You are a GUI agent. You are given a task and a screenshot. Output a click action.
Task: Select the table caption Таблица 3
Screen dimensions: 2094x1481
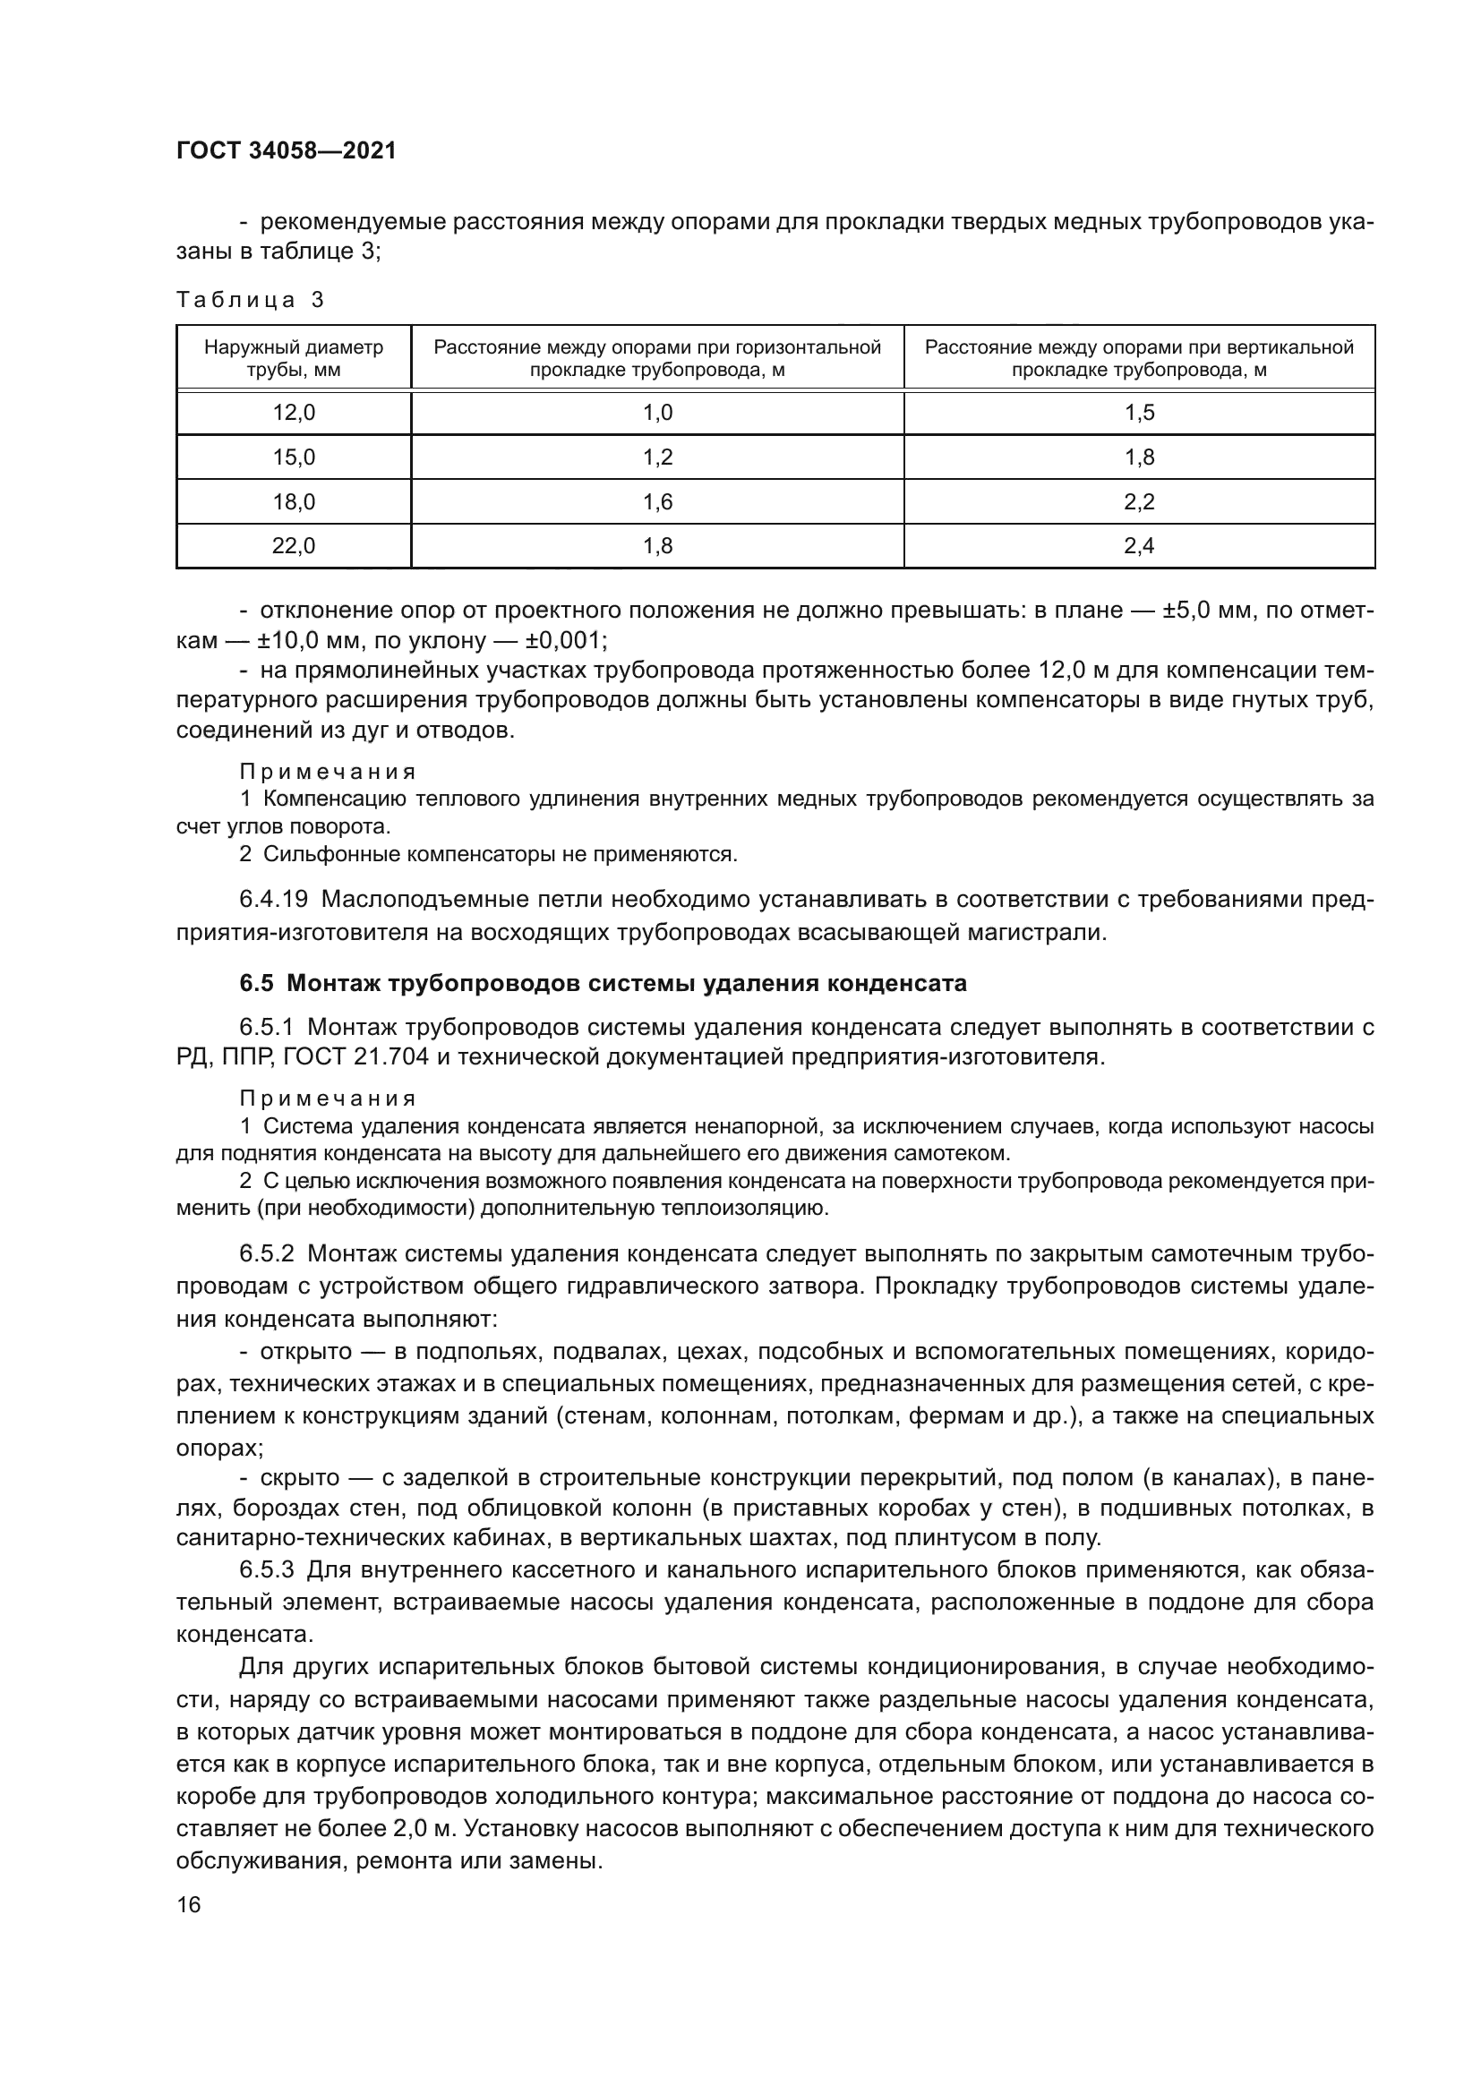point(250,300)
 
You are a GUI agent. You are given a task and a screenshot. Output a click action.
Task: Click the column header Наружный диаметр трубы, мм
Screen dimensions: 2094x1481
point(294,358)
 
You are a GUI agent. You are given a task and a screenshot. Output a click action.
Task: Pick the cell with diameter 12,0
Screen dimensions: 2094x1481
point(294,413)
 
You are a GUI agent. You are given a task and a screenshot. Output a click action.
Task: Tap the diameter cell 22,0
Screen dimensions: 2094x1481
point(294,546)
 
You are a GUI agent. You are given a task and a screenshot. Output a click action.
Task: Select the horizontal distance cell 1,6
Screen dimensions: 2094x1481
point(657,501)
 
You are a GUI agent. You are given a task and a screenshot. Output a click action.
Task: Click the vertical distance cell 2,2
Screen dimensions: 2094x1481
point(1139,501)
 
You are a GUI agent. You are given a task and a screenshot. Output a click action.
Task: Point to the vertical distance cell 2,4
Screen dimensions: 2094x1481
point(1139,546)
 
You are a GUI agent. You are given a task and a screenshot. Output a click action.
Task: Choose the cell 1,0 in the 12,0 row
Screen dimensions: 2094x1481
point(657,413)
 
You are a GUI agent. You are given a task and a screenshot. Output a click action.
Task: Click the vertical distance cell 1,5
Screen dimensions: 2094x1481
point(1139,413)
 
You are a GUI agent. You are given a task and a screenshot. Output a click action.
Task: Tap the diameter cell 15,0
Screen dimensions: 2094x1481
point(294,457)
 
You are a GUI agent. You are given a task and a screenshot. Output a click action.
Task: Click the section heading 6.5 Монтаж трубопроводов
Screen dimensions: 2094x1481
point(603,984)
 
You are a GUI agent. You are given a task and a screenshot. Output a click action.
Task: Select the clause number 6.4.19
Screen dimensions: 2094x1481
point(273,900)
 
